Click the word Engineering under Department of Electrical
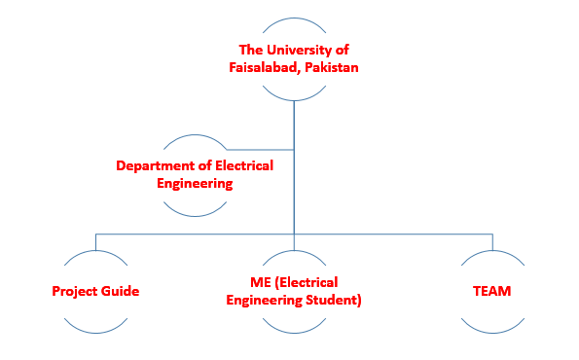(x=196, y=182)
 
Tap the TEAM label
(x=491, y=291)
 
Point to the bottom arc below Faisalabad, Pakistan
(x=293, y=97)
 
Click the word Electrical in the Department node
(x=239, y=165)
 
